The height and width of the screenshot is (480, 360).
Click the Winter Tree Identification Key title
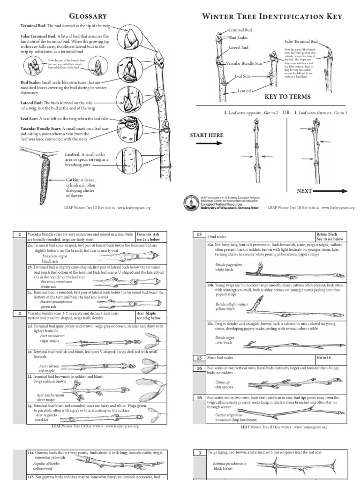[272, 17]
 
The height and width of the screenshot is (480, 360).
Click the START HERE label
[206, 135]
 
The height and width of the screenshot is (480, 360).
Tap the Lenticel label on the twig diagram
[246, 90]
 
